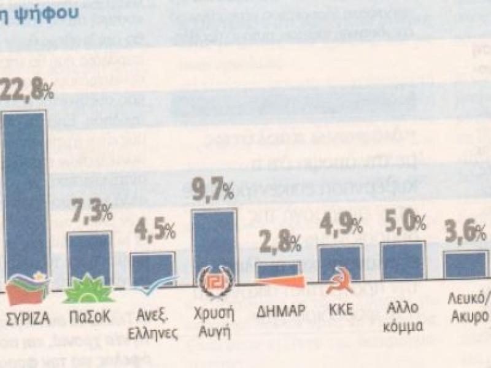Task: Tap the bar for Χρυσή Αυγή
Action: [x=214, y=242]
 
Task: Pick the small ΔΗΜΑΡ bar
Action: [x=278, y=270]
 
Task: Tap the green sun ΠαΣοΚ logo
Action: [x=88, y=291]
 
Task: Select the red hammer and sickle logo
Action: [x=337, y=284]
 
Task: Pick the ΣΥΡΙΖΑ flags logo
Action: [x=27, y=290]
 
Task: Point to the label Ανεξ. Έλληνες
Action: [x=155, y=325]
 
